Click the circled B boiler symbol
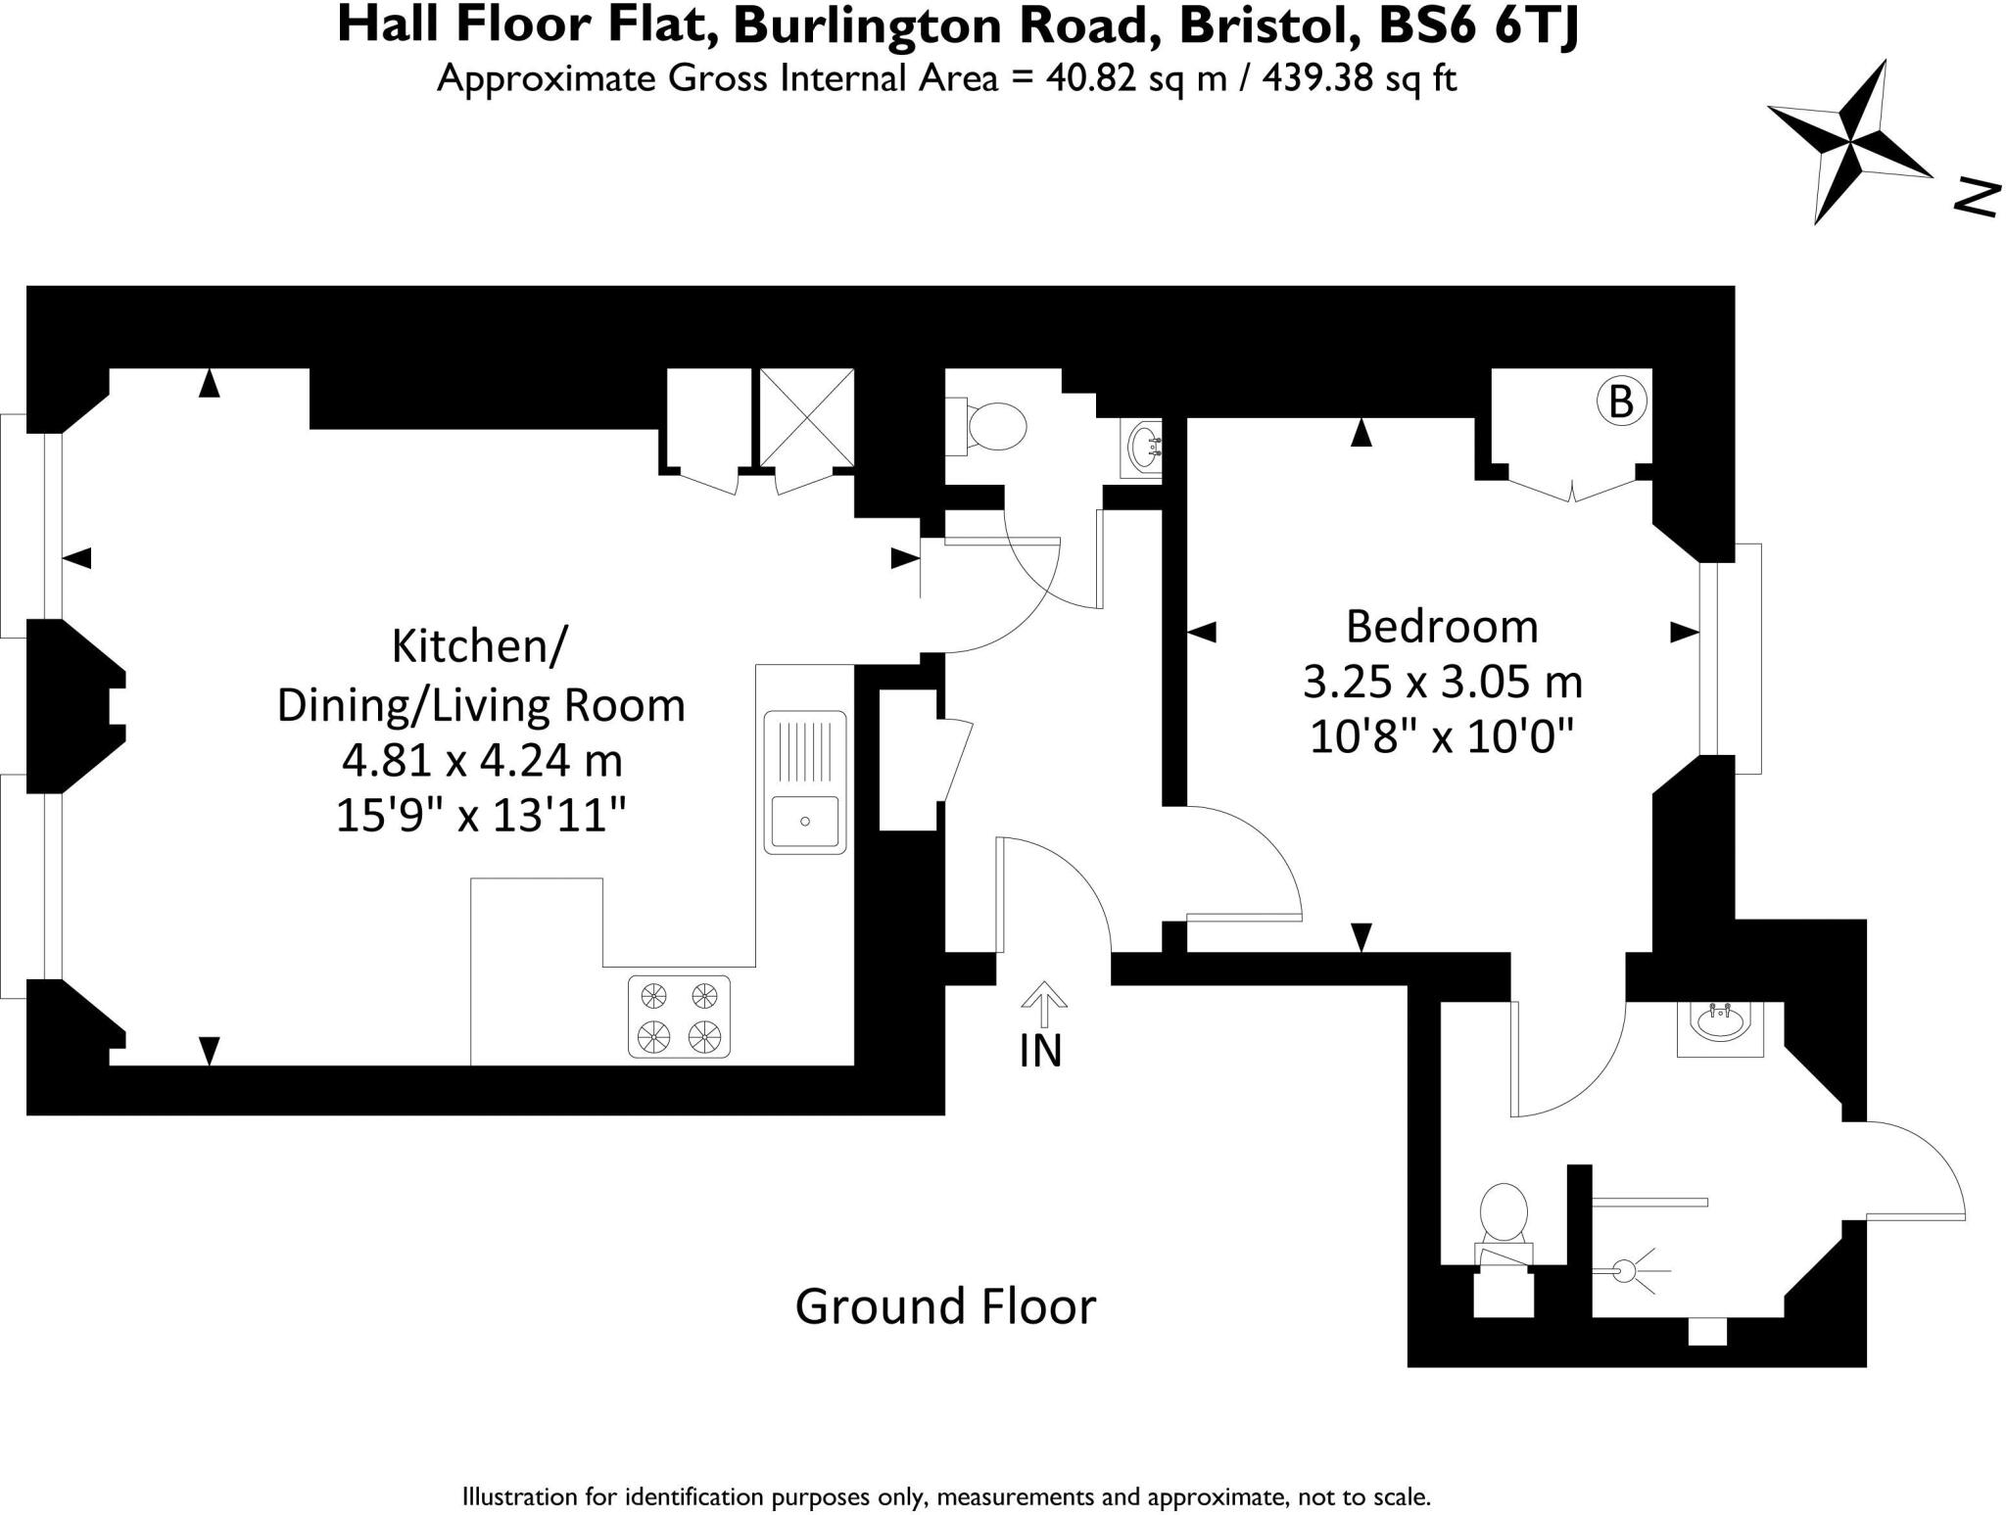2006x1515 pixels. [x=1621, y=402]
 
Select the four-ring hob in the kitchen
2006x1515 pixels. [x=679, y=1017]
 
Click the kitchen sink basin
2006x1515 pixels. [x=804, y=821]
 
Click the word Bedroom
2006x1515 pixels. [x=1442, y=627]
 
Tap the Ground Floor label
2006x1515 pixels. [x=945, y=1306]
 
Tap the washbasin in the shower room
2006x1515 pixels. [x=1719, y=1026]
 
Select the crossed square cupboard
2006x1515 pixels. [x=807, y=418]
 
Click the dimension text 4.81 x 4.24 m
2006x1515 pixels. [x=482, y=760]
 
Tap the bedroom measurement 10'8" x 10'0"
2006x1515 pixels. [x=1442, y=736]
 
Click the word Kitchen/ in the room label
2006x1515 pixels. [x=479, y=646]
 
